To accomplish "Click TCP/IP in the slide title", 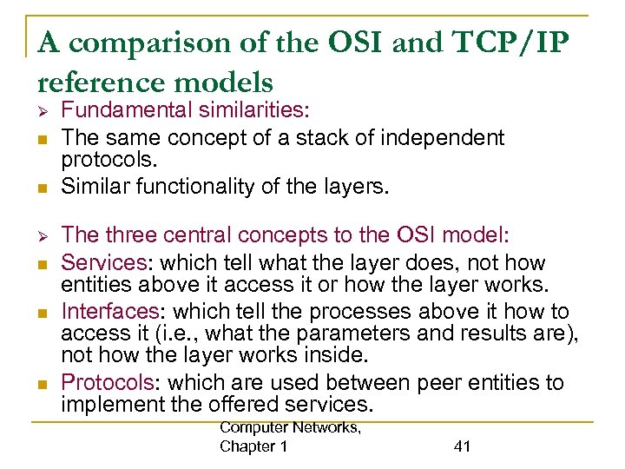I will coord(502,43).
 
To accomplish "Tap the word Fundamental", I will coord(124,111).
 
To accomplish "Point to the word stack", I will coord(304,136).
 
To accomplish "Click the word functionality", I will coord(209,186).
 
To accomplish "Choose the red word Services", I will coord(101,262).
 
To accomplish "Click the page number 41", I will coord(462,446).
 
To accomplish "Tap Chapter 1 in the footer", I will coord(253,446).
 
